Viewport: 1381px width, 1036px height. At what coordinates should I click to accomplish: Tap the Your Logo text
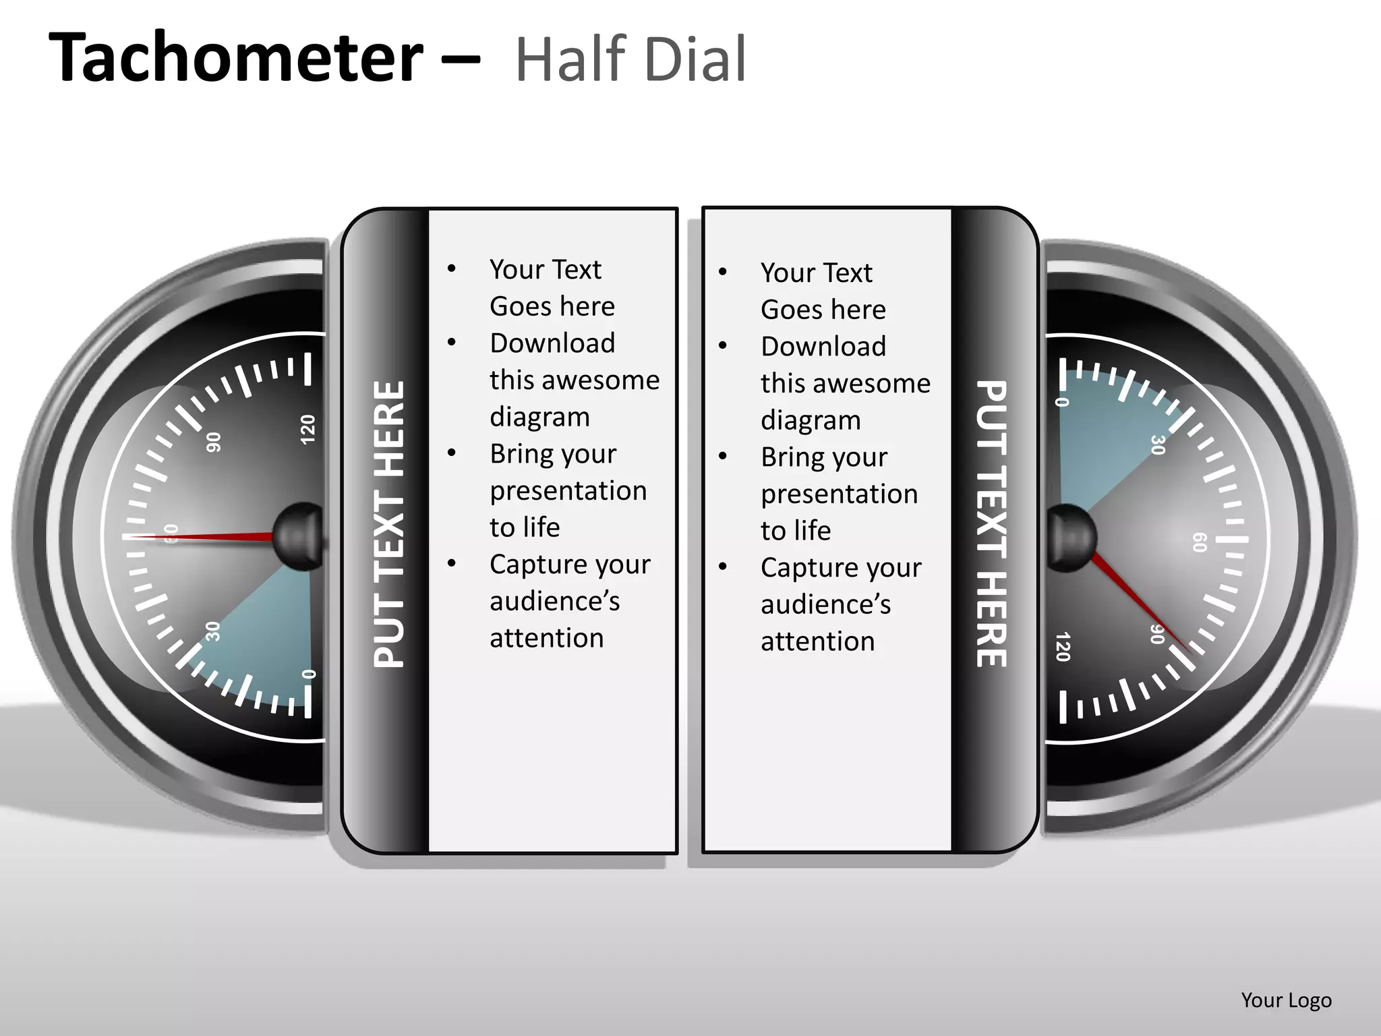[1286, 1000]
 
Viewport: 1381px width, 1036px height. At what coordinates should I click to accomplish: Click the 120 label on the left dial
[307, 430]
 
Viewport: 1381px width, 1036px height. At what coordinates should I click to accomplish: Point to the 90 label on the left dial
[213, 442]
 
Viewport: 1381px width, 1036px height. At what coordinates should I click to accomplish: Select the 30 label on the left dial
[212, 631]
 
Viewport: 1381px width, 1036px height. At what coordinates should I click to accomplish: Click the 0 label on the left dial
[309, 674]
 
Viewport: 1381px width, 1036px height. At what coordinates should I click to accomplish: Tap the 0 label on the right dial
[1062, 402]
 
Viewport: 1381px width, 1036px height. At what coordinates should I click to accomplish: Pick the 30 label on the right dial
[1158, 445]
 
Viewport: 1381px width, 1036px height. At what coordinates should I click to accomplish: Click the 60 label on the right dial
[1200, 542]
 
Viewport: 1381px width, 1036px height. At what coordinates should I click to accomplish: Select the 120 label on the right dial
[1063, 647]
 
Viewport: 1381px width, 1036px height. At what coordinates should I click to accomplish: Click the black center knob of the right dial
[1072, 538]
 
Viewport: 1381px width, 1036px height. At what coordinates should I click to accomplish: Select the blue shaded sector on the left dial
[263, 634]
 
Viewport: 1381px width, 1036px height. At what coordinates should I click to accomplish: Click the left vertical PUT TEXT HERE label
[389, 525]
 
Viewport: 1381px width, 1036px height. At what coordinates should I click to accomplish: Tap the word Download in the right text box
[823, 347]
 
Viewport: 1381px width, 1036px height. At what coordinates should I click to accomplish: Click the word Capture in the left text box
[533, 565]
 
